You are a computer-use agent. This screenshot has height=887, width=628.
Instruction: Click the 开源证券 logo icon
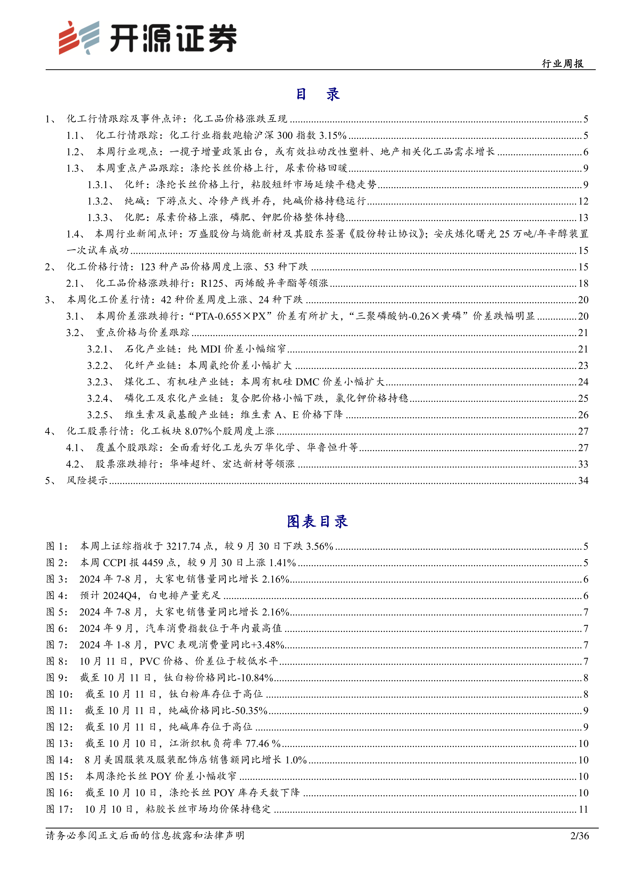coord(78,37)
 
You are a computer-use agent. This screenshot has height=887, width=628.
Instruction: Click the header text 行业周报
coord(563,64)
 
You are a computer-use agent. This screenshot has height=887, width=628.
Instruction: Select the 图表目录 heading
coord(317,521)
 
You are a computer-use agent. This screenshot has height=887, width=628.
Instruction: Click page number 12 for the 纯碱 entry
coord(583,201)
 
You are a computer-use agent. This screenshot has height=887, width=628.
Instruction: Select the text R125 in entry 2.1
coord(212,283)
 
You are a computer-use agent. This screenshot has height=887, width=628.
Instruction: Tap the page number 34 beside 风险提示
coord(583,481)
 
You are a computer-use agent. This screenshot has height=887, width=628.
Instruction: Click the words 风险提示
coord(87,481)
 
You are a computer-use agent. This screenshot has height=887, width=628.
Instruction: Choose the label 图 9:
coord(57,678)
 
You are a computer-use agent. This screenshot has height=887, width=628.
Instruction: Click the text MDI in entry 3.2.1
coord(210,349)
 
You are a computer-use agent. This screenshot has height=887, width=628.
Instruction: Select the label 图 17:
coord(59,809)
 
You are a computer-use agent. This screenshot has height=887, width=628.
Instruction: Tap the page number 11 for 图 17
coord(583,809)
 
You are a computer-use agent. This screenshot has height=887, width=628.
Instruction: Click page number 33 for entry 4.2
coord(583,464)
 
